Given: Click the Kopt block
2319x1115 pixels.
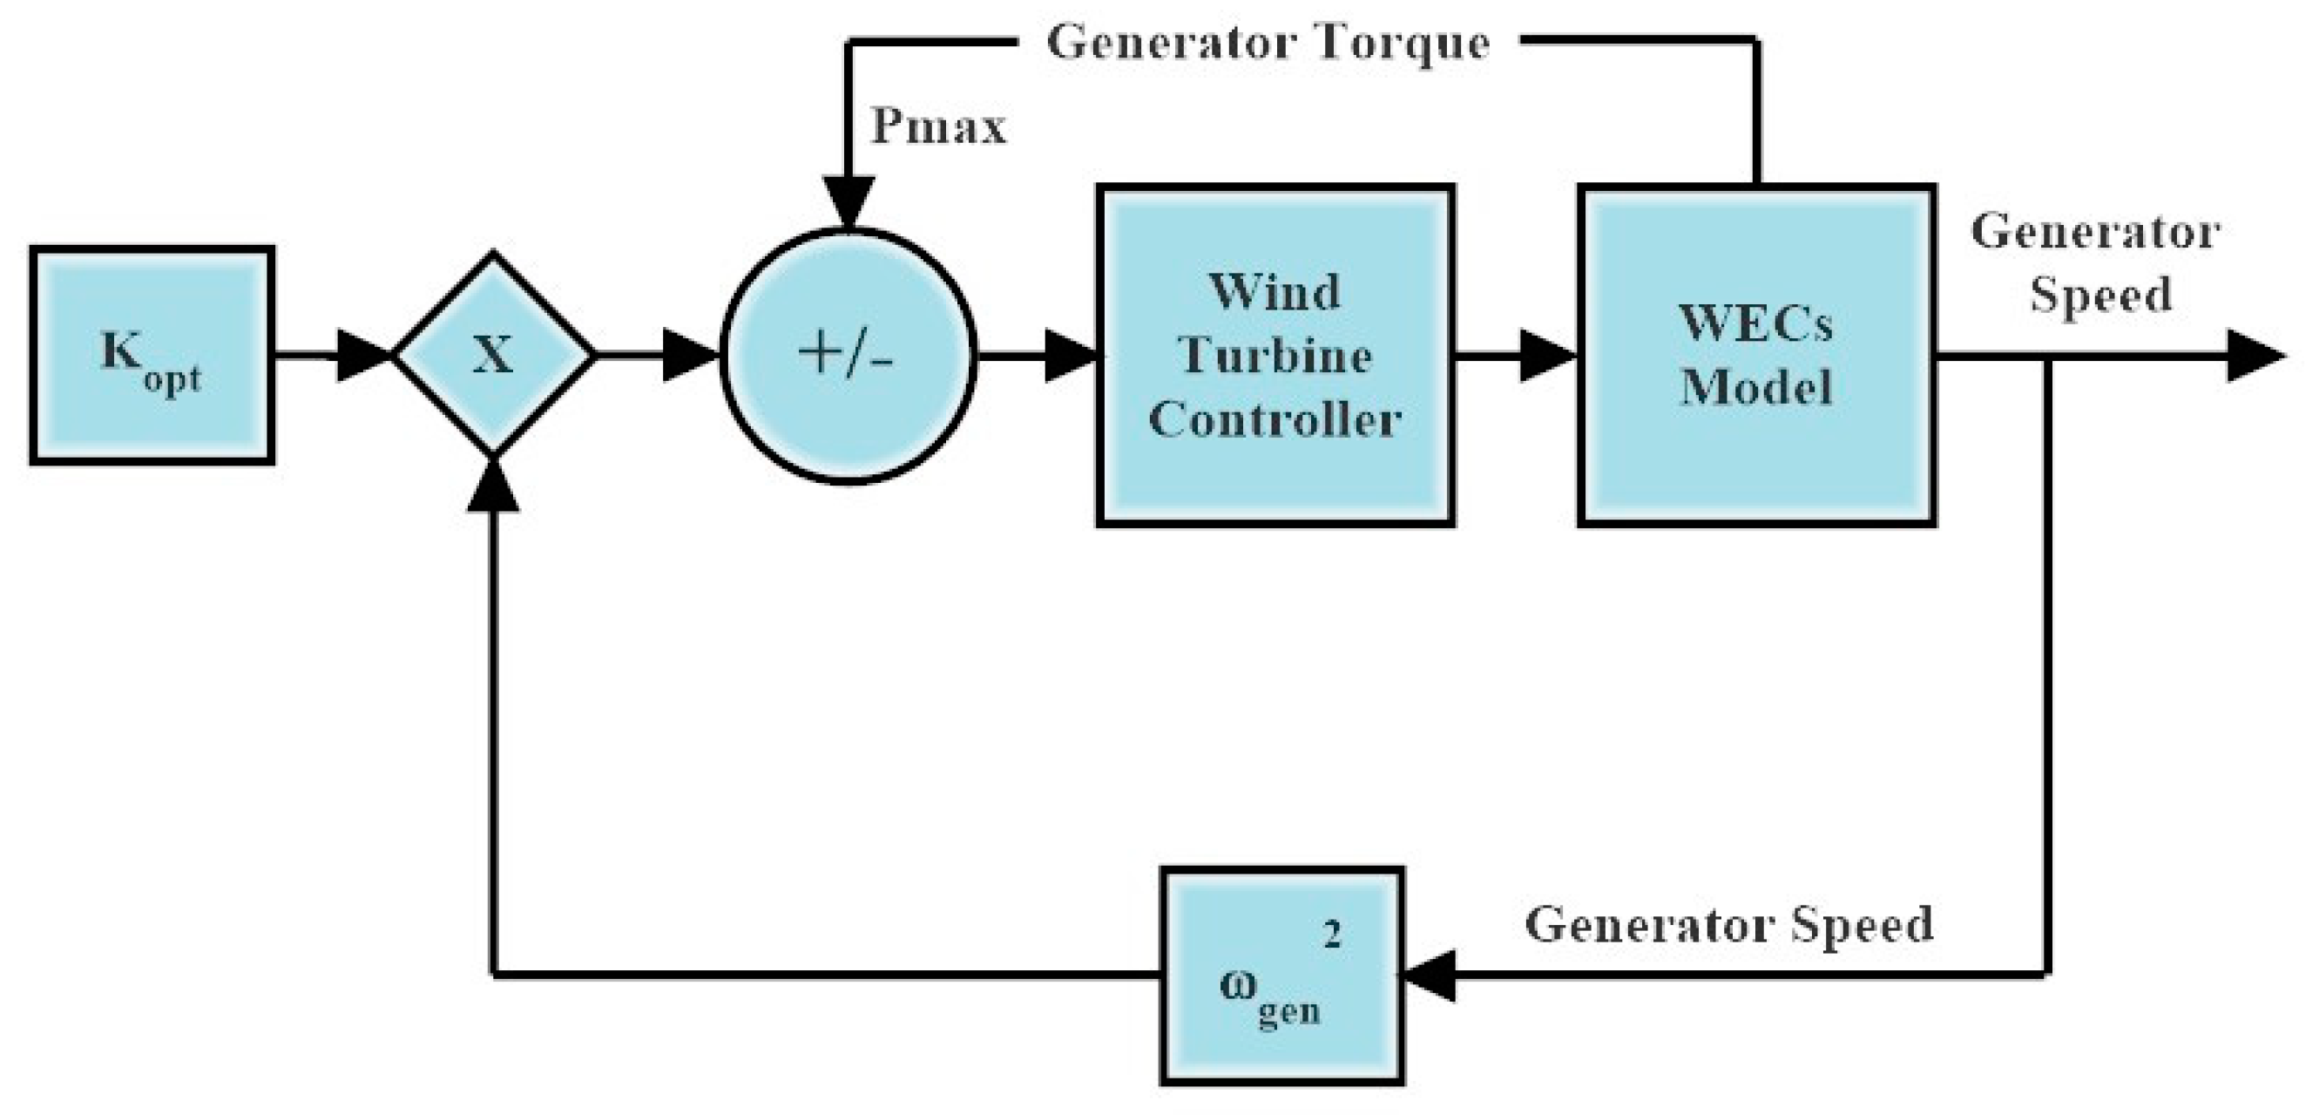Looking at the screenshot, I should click(152, 356).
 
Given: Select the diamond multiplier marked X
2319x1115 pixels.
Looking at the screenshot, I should click(493, 355).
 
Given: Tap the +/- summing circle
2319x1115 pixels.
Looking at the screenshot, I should click(847, 356).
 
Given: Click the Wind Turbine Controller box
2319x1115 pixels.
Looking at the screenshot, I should click(1274, 355).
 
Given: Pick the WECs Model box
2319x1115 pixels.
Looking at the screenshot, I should click(1756, 355).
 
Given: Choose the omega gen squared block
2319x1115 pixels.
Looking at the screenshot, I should click(1281, 976).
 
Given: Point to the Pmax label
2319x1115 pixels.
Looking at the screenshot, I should click(937, 126).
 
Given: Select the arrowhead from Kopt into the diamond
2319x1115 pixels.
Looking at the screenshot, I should click(362, 356).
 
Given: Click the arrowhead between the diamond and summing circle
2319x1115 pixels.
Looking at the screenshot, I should click(689, 356).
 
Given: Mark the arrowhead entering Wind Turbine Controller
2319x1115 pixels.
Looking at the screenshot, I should click(1071, 356).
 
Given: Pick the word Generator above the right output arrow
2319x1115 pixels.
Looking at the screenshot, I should click(2095, 233).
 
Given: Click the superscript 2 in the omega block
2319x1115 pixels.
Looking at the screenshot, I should click(1331, 936).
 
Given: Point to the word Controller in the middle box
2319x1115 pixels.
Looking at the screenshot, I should click(1274, 419).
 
